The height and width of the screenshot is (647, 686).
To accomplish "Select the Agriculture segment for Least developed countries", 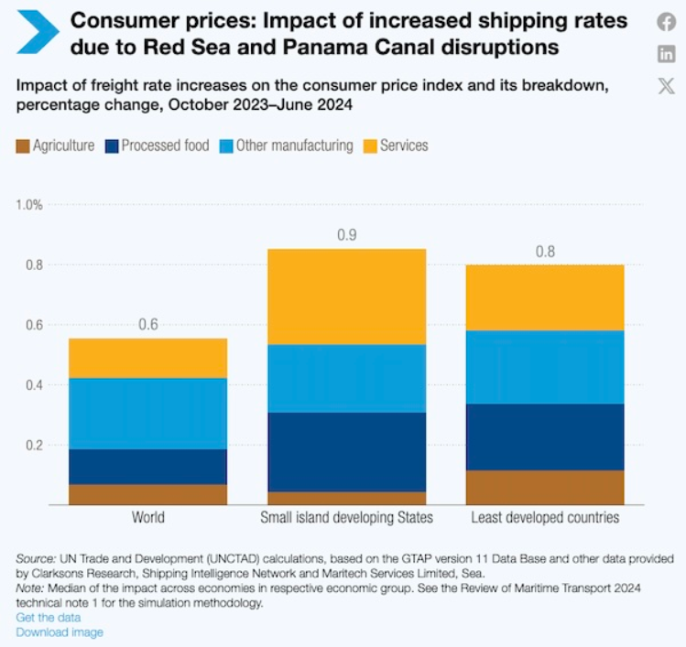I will tap(545, 487).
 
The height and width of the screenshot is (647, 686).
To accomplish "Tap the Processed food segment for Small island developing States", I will tap(346, 452).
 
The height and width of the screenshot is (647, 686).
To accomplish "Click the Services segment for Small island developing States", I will tap(346, 297).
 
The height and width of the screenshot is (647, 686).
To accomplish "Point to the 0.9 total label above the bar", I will tap(346, 235).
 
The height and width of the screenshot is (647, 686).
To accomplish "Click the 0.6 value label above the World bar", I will tap(148, 325).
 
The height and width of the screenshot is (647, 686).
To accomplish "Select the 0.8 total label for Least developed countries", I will tap(545, 252).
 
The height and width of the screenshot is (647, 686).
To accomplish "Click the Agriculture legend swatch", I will tap(24, 146).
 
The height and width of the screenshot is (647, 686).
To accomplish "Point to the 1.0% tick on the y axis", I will tap(29, 204).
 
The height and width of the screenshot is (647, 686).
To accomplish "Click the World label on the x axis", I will tap(148, 518).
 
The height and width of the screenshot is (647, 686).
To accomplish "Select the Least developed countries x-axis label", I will tap(545, 518).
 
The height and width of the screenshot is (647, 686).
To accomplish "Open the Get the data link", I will tap(47, 618).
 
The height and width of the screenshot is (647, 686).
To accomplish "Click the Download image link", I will tap(60, 632).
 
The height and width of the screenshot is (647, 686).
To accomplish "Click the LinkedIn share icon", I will tap(667, 54).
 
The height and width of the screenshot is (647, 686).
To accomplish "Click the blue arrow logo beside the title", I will tap(38, 33).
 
